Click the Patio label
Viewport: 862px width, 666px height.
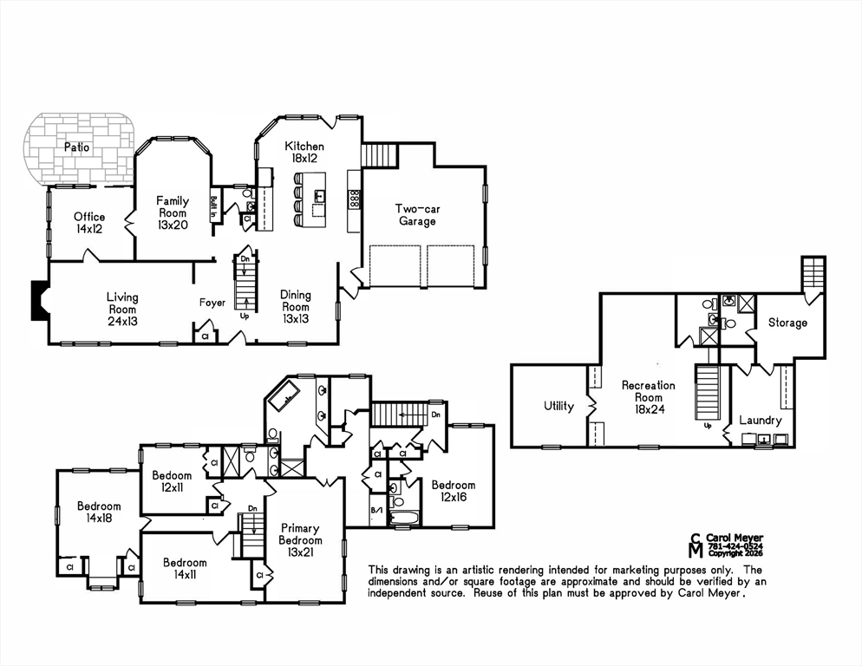[x=76, y=147]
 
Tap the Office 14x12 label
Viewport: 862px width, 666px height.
[x=89, y=223]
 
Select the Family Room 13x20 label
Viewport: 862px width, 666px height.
[x=173, y=212]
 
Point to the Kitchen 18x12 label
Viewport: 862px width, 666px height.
[x=304, y=153]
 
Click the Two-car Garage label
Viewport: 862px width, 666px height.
[x=417, y=215]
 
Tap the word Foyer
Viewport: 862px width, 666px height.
[x=212, y=303]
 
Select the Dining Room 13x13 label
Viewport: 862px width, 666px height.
[x=295, y=307]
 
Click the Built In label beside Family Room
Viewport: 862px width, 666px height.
[x=214, y=208]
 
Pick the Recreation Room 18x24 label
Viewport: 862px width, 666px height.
[x=649, y=397]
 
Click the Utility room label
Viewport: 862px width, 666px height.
[x=558, y=406]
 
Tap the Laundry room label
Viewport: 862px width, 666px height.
[x=761, y=421]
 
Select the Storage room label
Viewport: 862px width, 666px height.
[x=787, y=323]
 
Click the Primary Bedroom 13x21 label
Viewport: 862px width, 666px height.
[x=300, y=540]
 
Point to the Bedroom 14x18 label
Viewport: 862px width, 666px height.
[x=99, y=512]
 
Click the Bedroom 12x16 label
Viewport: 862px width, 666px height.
[x=453, y=491]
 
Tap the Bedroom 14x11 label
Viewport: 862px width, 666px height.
[x=185, y=569]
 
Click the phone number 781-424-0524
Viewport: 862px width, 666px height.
[x=735, y=546]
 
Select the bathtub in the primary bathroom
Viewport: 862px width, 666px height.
[x=283, y=395]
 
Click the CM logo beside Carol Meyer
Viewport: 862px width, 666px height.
[x=696, y=545]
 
